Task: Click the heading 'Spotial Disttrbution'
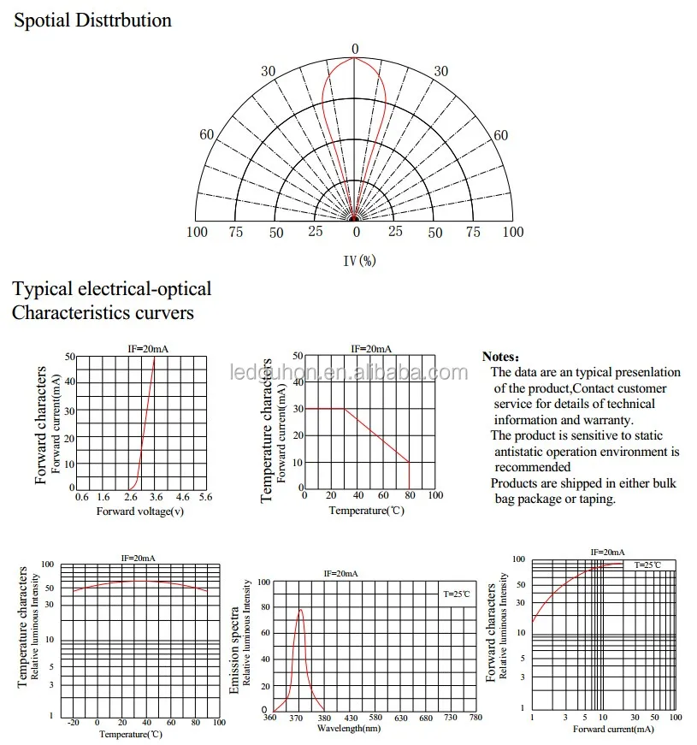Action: coord(92,21)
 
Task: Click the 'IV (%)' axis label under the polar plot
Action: coord(360,260)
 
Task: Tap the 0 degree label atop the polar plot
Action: coord(355,49)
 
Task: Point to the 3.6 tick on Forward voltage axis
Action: coord(156,497)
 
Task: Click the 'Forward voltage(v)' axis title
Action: coord(140,511)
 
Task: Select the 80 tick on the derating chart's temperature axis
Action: coord(410,495)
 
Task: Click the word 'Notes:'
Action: coord(500,357)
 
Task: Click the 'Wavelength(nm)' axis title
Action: coord(349,729)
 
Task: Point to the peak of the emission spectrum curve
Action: coord(300,610)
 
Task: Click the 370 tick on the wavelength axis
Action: coord(296,718)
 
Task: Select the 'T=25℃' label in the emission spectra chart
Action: coord(457,594)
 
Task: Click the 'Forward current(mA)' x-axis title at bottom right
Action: coord(613,730)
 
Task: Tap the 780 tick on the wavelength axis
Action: coord(475,718)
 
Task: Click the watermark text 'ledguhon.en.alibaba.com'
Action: coord(349,373)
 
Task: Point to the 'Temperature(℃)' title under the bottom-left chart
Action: coord(131,735)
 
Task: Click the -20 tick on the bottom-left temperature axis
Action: coord(74,723)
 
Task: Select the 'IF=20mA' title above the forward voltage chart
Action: coord(148,349)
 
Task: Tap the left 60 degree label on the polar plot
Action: coord(207,134)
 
